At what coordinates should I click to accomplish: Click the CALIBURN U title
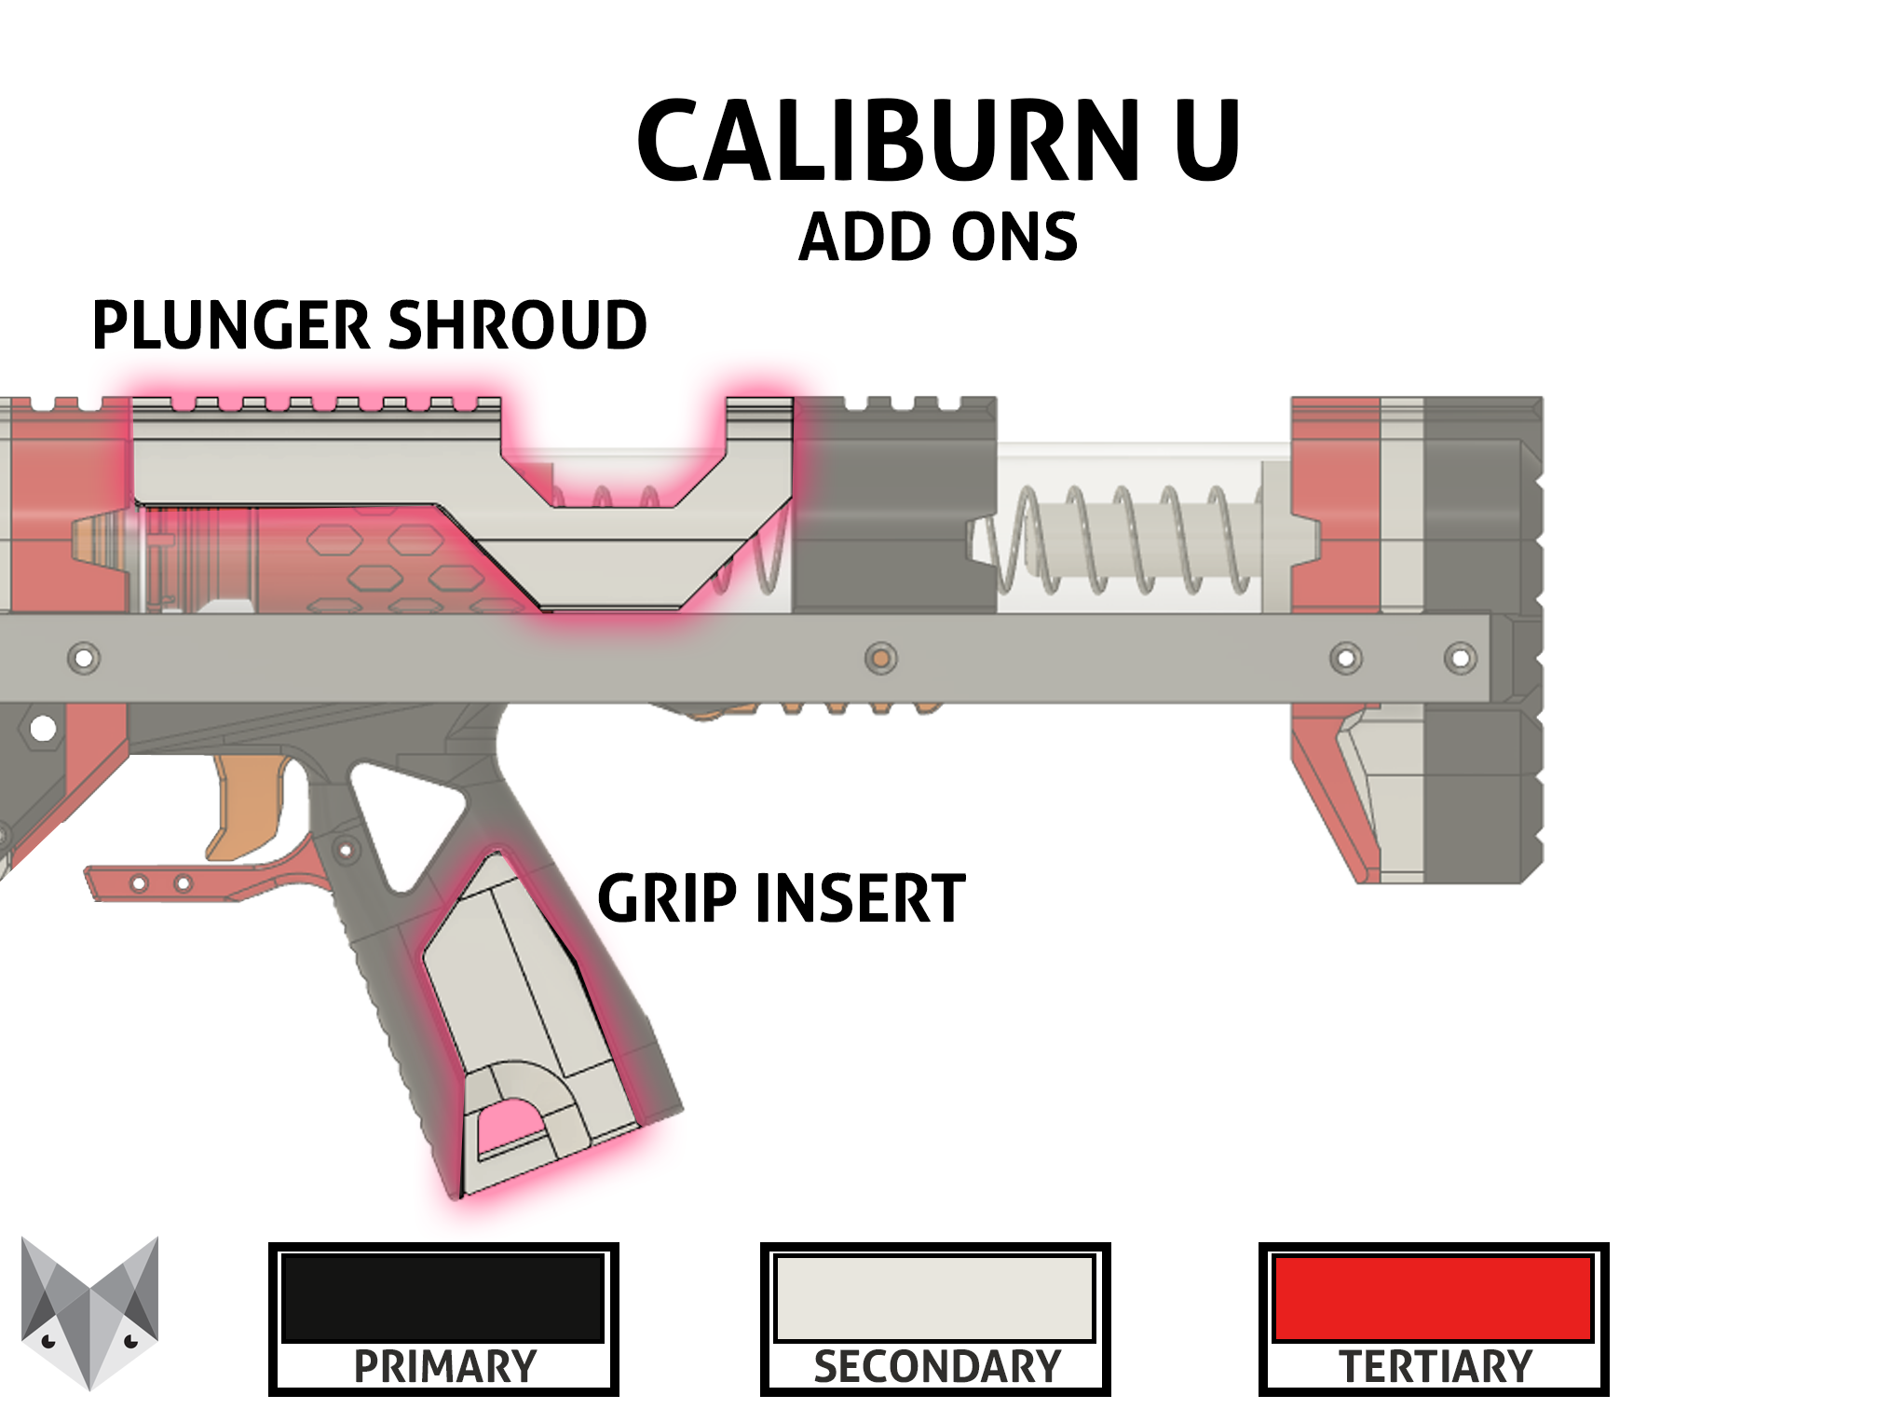point(938,141)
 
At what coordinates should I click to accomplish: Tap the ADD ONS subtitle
point(938,237)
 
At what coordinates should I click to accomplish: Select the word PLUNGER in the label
point(232,325)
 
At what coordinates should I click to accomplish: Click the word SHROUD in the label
point(517,325)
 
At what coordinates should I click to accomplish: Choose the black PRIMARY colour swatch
point(443,1298)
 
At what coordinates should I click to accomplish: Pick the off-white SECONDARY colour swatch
point(934,1298)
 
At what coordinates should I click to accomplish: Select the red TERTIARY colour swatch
point(1434,1298)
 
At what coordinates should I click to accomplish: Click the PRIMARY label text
point(445,1367)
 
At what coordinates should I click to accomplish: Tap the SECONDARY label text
point(937,1367)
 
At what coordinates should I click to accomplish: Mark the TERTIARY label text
point(1436,1367)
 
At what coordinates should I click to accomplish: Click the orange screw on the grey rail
point(880,658)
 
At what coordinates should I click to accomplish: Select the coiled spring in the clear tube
point(1123,540)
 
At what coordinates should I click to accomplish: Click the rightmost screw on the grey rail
point(1460,658)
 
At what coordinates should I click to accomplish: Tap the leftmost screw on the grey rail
point(84,658)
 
